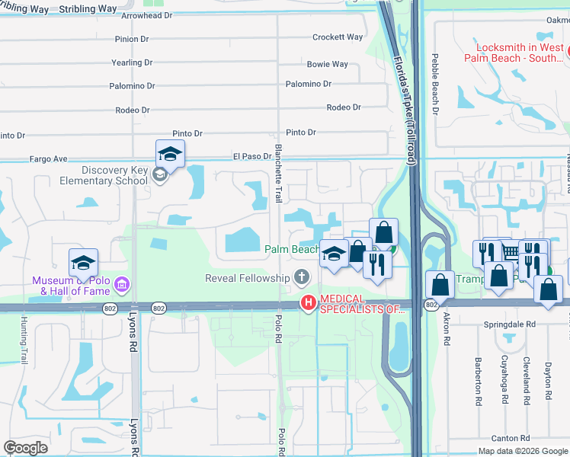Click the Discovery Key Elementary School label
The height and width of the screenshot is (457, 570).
coord(104,175)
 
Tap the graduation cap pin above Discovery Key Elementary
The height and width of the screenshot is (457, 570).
coord(171,153)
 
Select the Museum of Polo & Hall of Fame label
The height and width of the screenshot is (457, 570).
coord(70,286)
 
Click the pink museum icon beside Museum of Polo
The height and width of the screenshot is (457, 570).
coord(121,286)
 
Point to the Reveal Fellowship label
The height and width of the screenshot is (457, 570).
coord(248,278)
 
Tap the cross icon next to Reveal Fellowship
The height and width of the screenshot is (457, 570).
coord(302,277)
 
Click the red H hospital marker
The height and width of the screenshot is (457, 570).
coord(308,303)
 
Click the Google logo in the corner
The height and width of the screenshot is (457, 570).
coord(26,447)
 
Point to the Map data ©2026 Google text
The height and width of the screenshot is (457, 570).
coord(522,451)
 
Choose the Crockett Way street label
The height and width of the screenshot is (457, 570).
coord(338,37)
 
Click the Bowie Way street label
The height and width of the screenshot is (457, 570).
coord(327,65)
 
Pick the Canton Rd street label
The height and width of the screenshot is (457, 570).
coord(511,438)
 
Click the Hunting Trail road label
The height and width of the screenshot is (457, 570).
coord(24,340)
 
